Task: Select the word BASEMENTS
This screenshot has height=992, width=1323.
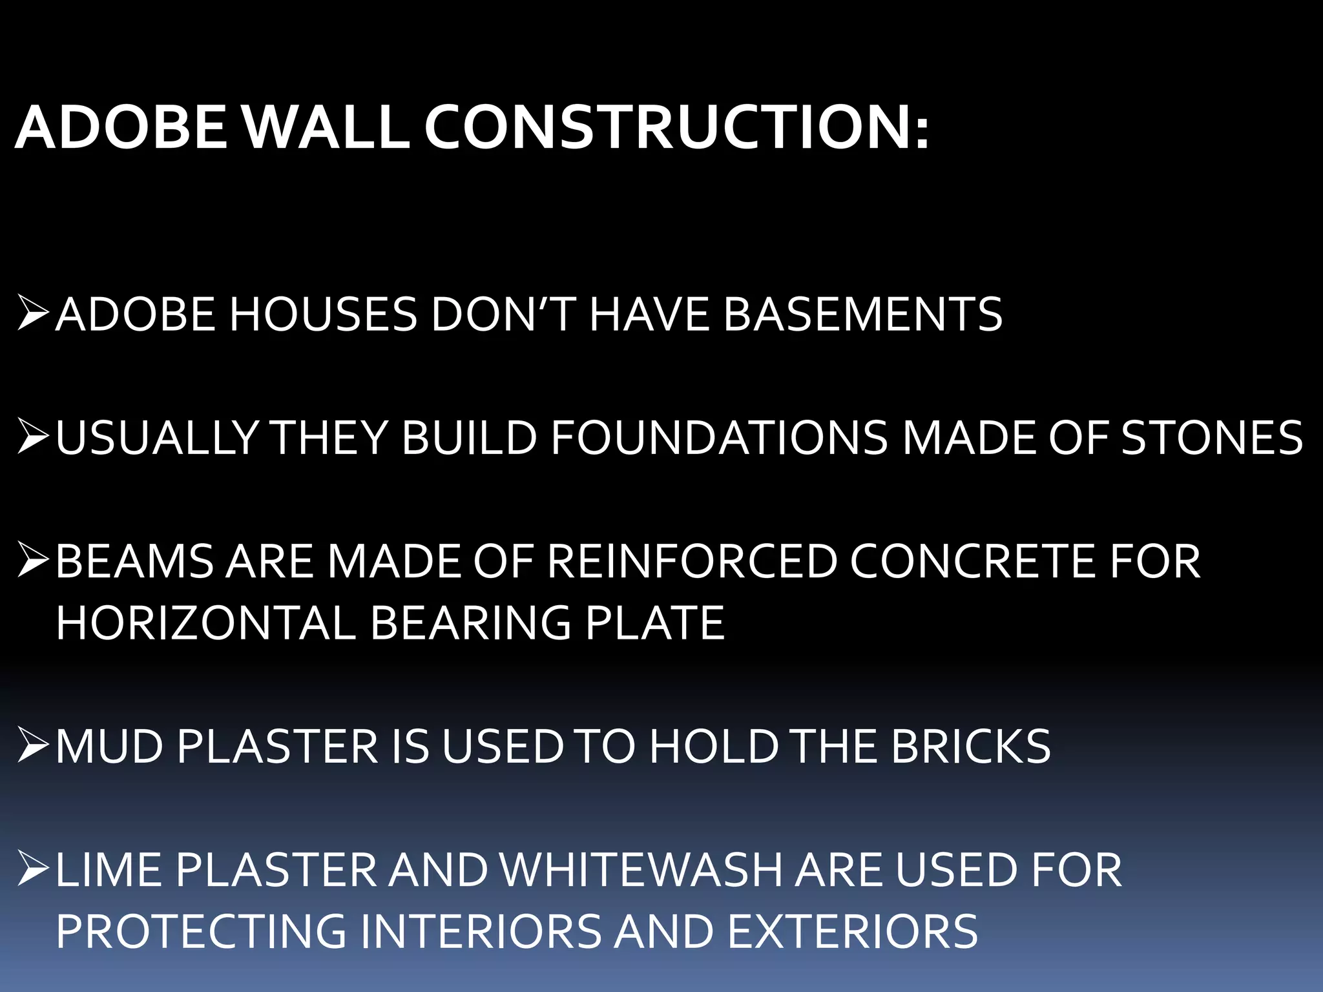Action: (x=862, y=315)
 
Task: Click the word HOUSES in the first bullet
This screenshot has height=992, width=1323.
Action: (x=323, y=315)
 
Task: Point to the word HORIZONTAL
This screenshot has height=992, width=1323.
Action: (x=205, y=623)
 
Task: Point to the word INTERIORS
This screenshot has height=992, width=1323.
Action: (x=481, y=931)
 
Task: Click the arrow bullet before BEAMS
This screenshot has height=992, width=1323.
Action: (x=32, y=560)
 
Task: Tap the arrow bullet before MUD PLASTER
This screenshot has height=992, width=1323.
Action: (x=32, y=745)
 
